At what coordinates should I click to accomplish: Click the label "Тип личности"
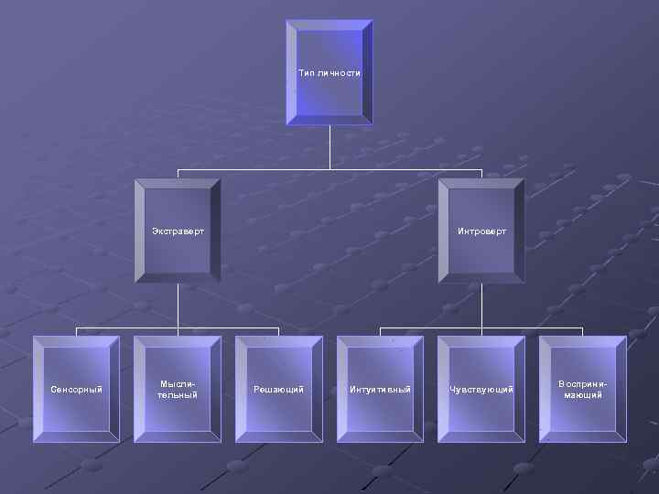coord(329,72)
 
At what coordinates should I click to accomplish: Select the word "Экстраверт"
coord(178,231)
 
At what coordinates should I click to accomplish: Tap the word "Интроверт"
coord(481,231)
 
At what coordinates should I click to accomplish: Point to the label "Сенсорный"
coord(76,390)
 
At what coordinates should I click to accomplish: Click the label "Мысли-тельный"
coord(178,390)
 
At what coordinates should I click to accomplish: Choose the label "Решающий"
coord(278,390)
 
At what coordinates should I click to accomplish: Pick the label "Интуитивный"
coord(380,390)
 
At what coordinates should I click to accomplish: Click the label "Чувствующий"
coord(481,390)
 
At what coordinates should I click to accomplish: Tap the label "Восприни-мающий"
coord(582,390)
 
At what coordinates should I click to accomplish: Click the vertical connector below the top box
coord(329,146)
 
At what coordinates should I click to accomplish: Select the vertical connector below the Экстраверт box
coord(178,305)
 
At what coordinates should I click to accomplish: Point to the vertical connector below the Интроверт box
coord(481,305)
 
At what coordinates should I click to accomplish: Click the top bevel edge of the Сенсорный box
coord(76,341)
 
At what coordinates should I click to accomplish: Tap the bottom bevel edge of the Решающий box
coord(278,437)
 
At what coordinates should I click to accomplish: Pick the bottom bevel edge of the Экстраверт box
coord(178,278)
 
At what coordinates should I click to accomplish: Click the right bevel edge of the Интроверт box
coord(520,231)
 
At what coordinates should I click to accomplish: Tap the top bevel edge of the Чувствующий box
coord(481,341)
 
